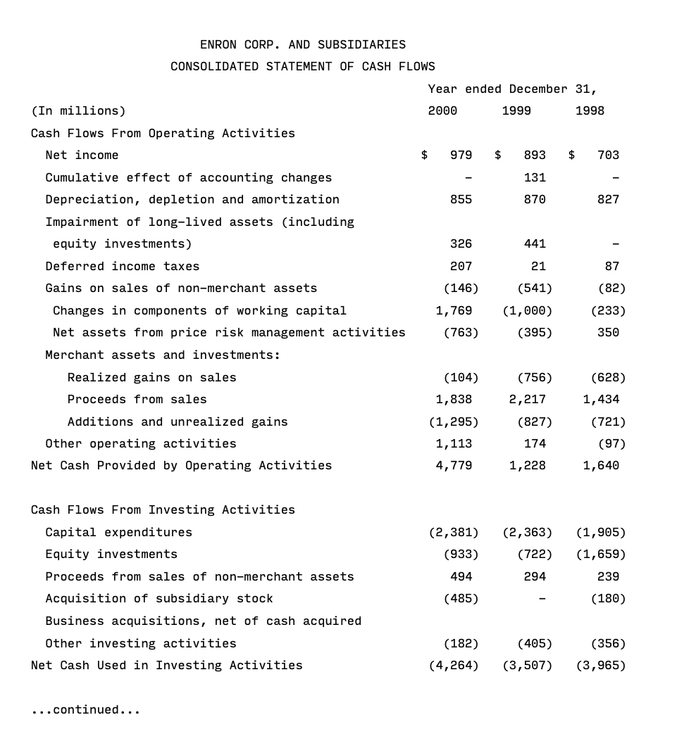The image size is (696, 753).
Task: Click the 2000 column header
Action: pyautogui.click(x=442, y=110)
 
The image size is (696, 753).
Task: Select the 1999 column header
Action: pyautogui.click(x=516, y=110)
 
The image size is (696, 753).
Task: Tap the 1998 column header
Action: pyautogui.click(x=590, y=110)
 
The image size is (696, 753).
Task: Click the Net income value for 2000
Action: pyautogui.click(x=461, y=155)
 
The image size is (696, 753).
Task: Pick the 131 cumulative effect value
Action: pyautogui.click(x=535, y=177)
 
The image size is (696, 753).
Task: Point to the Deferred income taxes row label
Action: pyautogui.click(x=123, y=266)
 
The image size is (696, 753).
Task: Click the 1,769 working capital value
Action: pyautogui.click(x=454, y=310)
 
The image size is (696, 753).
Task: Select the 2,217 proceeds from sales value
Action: pyautogui.click(x=527, y=399)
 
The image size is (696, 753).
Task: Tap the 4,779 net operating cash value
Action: pyautogui.click(x=454, y=465)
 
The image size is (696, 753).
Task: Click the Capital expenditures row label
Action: pyautogui.click(x=119, y=532)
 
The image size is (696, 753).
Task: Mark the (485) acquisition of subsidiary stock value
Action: pyautogui.click(x=461, y=598)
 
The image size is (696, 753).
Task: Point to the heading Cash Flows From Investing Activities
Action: pyautogui.click(x=163, y=510)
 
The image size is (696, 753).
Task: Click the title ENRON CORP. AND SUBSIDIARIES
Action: pyautogui.click(x=303, y=44)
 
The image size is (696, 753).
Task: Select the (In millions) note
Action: pyautogui.click(x=78, y=110)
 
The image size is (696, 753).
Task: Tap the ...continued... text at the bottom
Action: pyautogui.click(x=86, y=709)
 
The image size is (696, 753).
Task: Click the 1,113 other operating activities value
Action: pyautogui.click(x=454, y=443)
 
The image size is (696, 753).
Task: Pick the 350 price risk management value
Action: pyautogui.click(x=608, y=332)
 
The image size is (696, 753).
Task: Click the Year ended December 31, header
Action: pyautogui.click(x=512, y=89)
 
